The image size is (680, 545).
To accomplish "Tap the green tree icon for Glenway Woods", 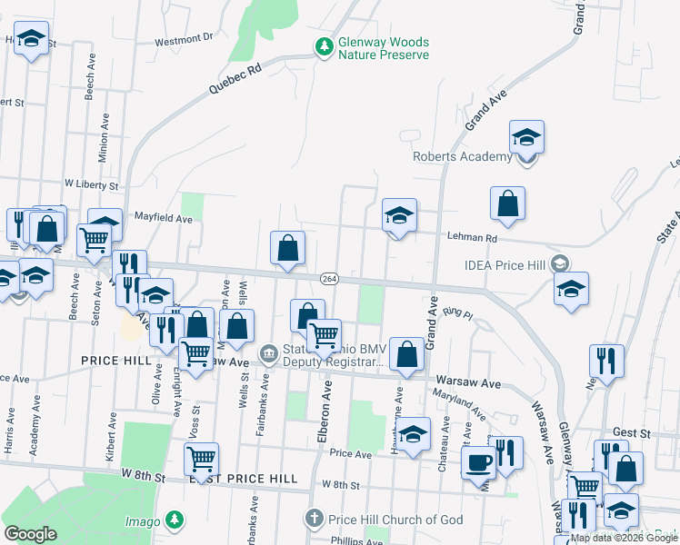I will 324,45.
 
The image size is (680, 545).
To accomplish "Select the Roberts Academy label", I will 463,156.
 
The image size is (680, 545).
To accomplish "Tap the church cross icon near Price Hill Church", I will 314,518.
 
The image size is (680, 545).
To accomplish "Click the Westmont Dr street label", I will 183,39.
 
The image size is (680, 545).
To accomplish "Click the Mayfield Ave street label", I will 164,219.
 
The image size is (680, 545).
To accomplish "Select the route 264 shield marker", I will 329,279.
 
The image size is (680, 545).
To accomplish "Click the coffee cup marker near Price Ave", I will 478,462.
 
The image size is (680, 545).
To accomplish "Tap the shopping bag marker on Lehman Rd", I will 507,204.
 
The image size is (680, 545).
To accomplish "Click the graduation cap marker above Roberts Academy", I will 526,137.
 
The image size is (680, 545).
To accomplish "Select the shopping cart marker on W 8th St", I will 201,459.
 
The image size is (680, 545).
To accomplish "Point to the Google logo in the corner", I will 30,534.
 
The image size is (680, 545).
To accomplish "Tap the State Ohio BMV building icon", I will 268,352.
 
